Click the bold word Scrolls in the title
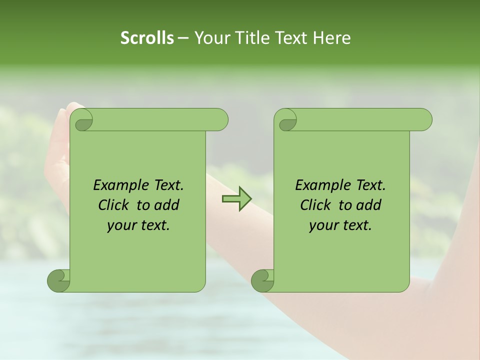point(147,37)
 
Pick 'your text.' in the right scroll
point(340,225)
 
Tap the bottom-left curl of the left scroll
point(58,280)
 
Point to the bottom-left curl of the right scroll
point(262,280)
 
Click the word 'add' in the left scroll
point(166,205)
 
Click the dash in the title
point(183,38)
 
